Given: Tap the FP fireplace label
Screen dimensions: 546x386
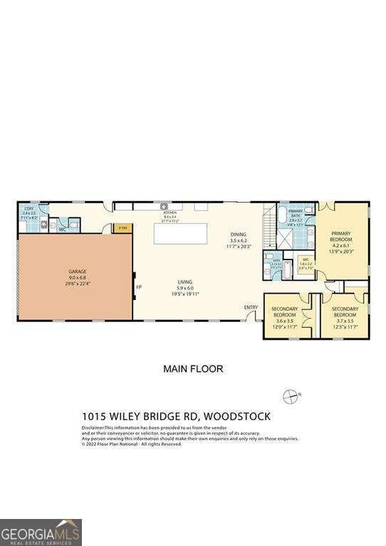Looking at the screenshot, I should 139,288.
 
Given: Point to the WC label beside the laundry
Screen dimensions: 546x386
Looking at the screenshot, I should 63,230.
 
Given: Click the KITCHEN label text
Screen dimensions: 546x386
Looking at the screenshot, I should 169,213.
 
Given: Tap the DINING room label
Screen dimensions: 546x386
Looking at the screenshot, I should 239,234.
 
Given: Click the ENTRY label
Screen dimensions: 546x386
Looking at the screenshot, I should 251,307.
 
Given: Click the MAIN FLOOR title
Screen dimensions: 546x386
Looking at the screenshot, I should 193,369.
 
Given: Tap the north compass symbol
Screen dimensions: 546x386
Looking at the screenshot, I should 291,395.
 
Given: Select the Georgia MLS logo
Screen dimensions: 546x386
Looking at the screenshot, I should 41,532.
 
